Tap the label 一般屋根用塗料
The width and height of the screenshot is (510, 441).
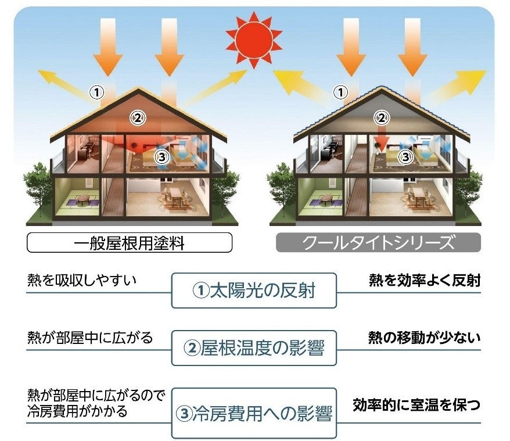coord(130,243)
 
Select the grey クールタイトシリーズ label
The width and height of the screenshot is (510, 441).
coord(379,243)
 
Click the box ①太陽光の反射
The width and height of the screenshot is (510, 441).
coord(254,290)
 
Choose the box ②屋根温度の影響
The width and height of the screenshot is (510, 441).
coord(254,348)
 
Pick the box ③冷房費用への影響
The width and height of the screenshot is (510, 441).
coord(254,413)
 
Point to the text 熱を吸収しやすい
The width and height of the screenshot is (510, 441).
coord(82,280)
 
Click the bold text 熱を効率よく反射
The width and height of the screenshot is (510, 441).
coord(425,280)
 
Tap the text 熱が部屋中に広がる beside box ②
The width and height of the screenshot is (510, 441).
coord(90,337)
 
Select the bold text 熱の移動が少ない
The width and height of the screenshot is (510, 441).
coord(425,337)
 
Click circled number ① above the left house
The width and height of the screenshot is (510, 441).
coord(96,91)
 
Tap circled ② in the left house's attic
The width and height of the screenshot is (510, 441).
coord(137,118)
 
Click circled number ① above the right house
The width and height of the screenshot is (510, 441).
coord(342,91)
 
